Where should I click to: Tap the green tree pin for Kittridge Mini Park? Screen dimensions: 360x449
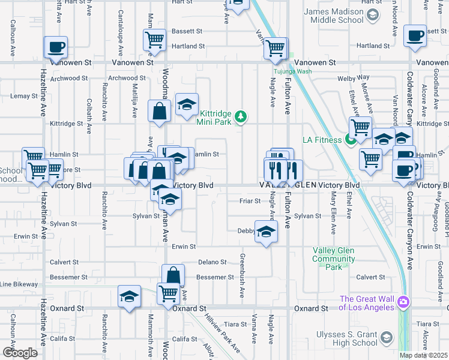point(241,115)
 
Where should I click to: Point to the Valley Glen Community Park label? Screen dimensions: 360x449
point(333,259)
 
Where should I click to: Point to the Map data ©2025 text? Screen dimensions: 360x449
point(423,355)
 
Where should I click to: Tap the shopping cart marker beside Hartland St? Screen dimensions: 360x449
point(155,40)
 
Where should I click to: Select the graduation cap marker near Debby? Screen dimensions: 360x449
point(265,232)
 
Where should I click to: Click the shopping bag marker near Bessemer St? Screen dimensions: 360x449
point(173,275)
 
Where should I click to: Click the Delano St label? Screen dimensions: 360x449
point(212,262)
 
